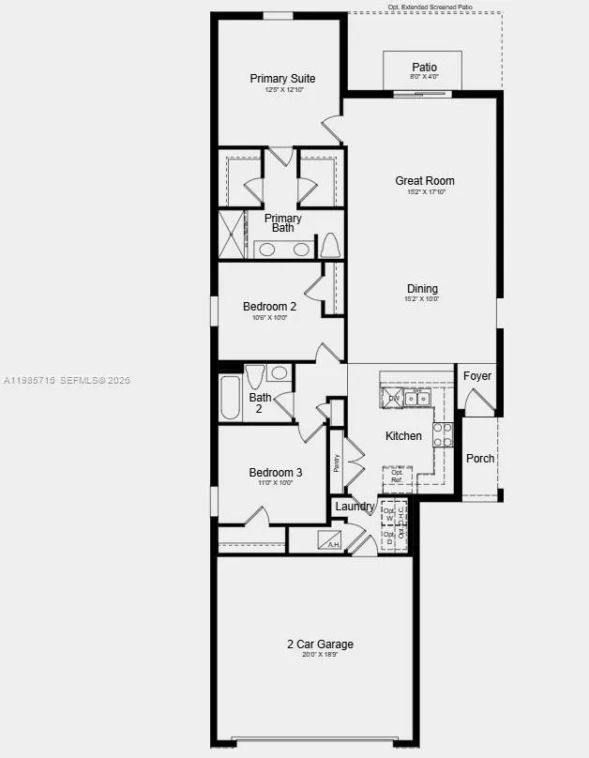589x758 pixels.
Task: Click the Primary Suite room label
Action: click(282, 79)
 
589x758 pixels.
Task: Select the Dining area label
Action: click(422, 289)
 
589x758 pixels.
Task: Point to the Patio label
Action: click(424, 68)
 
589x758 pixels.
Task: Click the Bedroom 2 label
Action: click(269, 307)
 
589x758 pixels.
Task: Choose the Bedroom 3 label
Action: click(275, 473)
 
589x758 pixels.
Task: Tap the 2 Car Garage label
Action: click(320, 644)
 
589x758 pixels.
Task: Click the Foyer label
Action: click(477, 376)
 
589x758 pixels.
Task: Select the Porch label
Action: click(480, 459)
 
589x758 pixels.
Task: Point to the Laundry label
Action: click(355, 507)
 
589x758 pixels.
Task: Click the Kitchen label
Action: click(403, 436)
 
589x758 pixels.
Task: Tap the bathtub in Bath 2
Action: click(231, 398)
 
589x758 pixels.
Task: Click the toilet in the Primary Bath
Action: click(329, 246)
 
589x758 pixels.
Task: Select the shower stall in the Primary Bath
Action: click(231, 234)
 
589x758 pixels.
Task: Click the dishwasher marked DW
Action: click(393, 399)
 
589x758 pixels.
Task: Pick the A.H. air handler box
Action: click(329, 540)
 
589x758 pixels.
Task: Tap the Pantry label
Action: click(336, 462)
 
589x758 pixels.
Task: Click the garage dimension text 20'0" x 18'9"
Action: click(320, 656)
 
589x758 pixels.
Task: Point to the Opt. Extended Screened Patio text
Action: click(430, 7)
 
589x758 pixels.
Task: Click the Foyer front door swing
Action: click(479, 403)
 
